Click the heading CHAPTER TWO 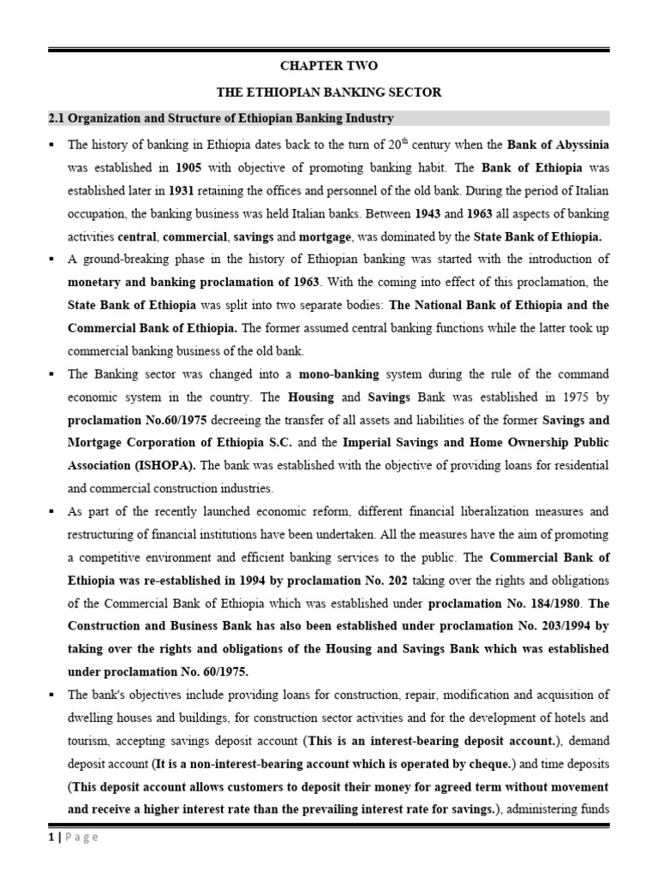[x=330, y=66]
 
